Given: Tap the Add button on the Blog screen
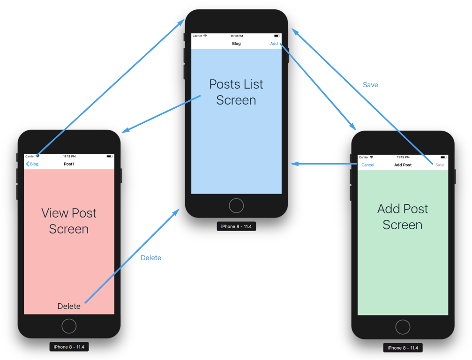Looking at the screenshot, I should [x=274, y=44].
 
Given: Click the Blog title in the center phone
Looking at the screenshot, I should [x=236, y=44].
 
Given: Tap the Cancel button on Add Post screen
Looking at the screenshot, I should [x=368, y=165].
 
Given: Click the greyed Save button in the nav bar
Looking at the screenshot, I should [x=440, y=165].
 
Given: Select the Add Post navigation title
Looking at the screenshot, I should [x=403, y=165].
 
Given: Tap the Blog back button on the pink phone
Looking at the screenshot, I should [x=32, y=164].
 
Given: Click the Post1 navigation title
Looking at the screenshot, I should [x=69, y=164].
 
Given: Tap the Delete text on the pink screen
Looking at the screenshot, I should [x=69, y=306].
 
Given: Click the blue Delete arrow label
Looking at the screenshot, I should [x=151, y=258].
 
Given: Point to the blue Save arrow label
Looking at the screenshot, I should [x=370, y=85].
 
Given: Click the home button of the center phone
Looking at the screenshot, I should [x=236, y=205].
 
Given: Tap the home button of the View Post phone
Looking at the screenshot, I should [x=69, y=326].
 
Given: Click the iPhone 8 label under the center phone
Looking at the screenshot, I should [x=236, y=226].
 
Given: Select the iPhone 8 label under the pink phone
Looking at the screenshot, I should [x=69, y=347].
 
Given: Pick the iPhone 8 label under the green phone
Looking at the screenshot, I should [x=403, y=348].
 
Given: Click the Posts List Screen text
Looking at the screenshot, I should [x=236, y=92].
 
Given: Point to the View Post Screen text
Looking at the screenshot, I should [x=69, y=221].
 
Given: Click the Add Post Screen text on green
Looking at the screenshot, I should [x=403, y=217].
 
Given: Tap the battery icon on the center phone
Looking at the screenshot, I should [x=277, y=36].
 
